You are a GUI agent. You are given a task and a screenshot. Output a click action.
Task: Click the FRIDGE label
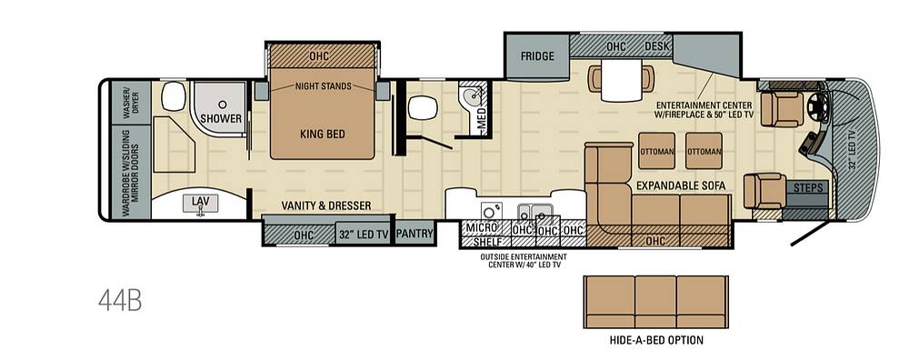pos(537,56)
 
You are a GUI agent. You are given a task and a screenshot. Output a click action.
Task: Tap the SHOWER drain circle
pos(222,105)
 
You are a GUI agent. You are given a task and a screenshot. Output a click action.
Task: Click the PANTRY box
pos(415,234)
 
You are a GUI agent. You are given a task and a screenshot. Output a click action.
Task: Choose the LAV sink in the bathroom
pos(201,204)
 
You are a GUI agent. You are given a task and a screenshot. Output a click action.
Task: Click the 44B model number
pos(120,301)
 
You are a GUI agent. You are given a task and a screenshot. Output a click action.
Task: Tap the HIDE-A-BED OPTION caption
pos(656,340)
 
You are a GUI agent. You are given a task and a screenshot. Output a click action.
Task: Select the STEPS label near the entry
pos(807,188)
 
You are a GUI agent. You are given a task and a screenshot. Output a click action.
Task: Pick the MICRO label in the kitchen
pos(481,228)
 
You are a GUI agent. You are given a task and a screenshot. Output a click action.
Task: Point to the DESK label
pos(657,45)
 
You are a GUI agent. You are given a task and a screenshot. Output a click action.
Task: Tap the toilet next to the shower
pos(174,96)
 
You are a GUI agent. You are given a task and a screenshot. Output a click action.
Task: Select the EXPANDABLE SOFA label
pos(681,185)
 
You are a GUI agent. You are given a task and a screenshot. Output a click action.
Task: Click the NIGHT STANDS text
pos(324,85)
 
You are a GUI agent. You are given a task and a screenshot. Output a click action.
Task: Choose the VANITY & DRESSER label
pos(326,205)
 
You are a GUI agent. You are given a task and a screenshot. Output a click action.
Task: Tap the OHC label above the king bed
pos(319,55)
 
